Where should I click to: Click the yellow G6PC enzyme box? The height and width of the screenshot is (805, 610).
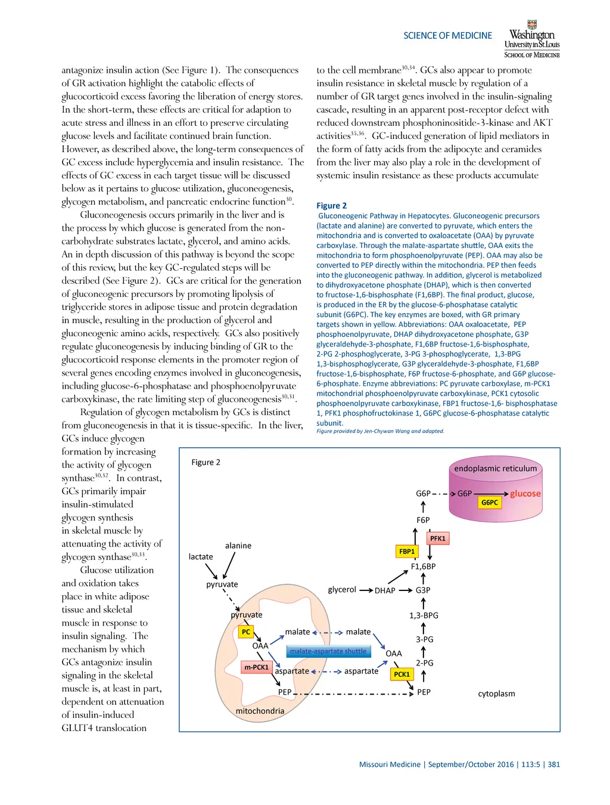[x=490, y=503]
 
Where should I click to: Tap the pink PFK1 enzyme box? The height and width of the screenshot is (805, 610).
[x=438, y=538]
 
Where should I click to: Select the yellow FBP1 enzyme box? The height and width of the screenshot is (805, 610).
[x=407, y=552]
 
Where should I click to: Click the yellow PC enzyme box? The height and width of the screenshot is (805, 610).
[x=246, y=631]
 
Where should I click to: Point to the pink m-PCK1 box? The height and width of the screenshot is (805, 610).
[x=256, y=667]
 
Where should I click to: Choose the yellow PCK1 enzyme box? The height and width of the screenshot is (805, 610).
[x=402, y=674]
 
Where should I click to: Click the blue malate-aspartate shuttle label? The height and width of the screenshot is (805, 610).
[x=328, y=651]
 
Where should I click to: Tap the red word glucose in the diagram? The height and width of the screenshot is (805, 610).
[x=525, y=494]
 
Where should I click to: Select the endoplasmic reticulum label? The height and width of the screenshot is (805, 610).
[x=496, y=469]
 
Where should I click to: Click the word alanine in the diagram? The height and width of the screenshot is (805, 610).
[x=238, y=546]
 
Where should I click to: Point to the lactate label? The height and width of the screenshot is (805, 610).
[x=201, y=557]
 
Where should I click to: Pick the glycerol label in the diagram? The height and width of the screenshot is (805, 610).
[x=342, y=590]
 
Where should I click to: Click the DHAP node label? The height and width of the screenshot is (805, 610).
[x=385, y=590]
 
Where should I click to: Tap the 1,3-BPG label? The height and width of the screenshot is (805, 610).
[x=424, y=615]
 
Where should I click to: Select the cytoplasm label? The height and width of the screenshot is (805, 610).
[x=496, y=693]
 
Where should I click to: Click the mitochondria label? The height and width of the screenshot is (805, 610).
[x=260, y=711]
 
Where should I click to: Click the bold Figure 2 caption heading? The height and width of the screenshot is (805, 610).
[x=331, y=206]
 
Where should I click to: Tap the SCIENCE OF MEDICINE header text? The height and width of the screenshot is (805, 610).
[x=448, y=36]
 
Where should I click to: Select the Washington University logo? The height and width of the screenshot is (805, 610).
[x=532, y=39]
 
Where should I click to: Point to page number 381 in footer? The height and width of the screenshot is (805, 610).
[x=554, y=764]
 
